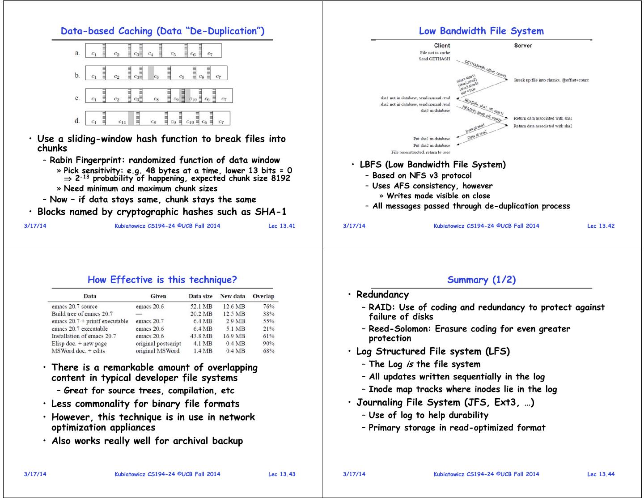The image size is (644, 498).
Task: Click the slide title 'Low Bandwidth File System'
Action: point(481,31)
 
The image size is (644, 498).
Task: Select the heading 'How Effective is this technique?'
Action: point(162,280)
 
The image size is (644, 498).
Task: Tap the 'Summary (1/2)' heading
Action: point(481,280)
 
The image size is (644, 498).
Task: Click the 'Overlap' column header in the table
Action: point(263,296)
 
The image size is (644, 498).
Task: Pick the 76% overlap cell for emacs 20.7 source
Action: point(269,306)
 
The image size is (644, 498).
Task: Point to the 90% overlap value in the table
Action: point(269,344)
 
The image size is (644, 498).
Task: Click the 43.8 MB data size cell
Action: point(201,336)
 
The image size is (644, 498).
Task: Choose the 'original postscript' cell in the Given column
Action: point(158,344)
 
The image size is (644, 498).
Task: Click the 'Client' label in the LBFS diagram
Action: point(442,46)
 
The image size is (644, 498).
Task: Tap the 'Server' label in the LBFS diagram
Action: point(523,46)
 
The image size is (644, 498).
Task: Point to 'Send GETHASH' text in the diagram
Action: point(434,59)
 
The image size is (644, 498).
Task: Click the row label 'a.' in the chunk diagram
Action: point(77,53)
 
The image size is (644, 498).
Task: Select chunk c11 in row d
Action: point(122,122)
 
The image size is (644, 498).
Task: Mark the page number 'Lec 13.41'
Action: point(282,226)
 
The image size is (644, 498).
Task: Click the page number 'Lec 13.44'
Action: point(601,474)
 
